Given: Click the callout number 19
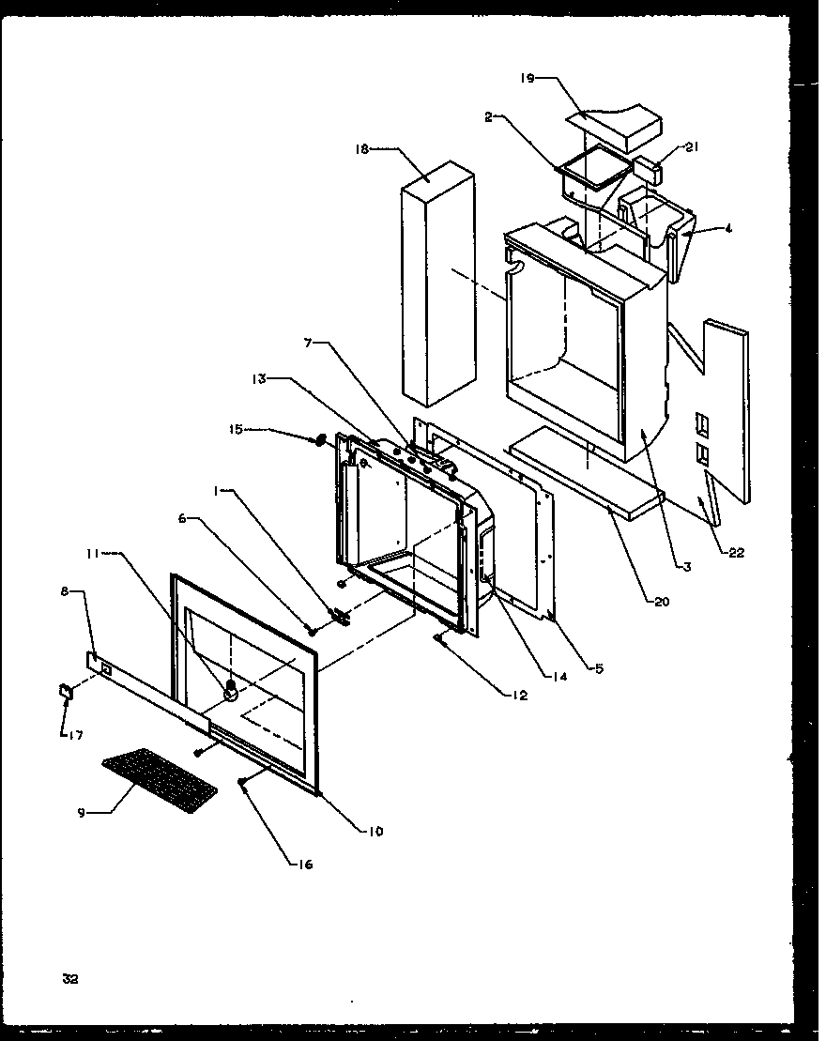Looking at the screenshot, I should [528, 79].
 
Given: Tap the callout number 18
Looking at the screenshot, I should [364, 148].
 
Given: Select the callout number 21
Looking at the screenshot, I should [692, 147].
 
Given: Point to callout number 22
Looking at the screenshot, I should [736, 552].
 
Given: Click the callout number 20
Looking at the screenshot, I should [663, 602].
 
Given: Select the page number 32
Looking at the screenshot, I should [70, 979].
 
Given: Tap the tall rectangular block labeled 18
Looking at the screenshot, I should [436, 282].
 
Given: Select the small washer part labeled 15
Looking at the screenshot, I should [320, 438].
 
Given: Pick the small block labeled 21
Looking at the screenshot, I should [650, 172].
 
